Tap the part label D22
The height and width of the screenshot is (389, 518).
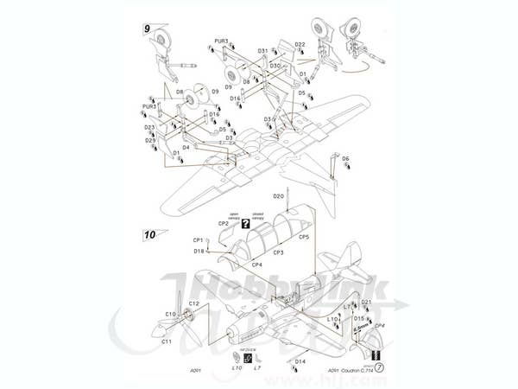300,45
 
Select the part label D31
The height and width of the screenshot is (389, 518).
262,51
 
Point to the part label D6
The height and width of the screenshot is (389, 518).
345,159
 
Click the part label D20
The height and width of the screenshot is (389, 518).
279,196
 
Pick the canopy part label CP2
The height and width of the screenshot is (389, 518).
224,224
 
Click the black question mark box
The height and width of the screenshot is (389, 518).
245,224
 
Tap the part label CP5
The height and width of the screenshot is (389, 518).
304,236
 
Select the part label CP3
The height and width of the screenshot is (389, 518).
278,252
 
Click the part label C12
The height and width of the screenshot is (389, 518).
194,303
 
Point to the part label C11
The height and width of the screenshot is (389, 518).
165,341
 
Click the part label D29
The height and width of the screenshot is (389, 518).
150,140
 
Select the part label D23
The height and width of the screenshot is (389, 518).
149,127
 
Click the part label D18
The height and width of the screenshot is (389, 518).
199,252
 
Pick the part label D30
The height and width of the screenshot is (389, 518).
275,66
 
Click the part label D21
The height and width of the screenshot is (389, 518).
366,303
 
